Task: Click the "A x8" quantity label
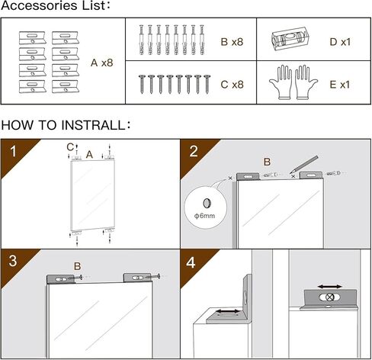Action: (x=101, y=63)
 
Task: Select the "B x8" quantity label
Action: (x=232, y=42)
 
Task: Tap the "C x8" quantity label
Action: (x=232, y=85)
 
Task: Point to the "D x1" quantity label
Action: (x=340, y=42)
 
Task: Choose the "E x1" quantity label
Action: (x=340, y=85)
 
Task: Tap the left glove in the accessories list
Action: (x=281, y=82)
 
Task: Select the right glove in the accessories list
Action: (x=306, y=82)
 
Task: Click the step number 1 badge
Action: (x=13, y=152)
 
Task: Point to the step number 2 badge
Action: (x=194, y=152)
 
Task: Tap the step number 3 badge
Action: (x=13, y=261)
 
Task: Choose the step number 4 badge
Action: (x=191, y=262)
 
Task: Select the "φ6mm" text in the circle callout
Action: (x=204, y=216)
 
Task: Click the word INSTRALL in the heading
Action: (x=93, y=125)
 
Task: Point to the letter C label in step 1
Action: (x=70, y=147)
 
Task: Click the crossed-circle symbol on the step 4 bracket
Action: (x=330, y=297)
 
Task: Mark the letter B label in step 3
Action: (x=77, y=266)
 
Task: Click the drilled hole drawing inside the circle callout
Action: (x=207, y=203)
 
